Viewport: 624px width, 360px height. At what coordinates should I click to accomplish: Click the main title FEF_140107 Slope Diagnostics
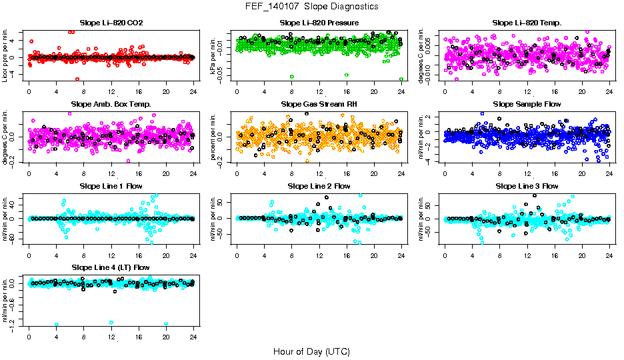[311, 6]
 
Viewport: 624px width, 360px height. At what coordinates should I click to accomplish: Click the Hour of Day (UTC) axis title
[311, 351]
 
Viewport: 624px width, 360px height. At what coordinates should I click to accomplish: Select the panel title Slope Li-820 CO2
[111, 23]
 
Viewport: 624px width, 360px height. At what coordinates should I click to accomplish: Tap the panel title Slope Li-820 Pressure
[319, 23]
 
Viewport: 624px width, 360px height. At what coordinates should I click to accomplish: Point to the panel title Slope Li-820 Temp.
[527, 23]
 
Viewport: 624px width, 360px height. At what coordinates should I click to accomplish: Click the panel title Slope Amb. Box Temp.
[111, 105]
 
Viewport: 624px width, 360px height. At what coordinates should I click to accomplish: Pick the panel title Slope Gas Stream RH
[319, 105]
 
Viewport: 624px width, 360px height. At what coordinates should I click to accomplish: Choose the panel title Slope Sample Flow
[527, 105]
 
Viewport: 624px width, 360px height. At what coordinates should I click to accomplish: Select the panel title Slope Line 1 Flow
[111, 186]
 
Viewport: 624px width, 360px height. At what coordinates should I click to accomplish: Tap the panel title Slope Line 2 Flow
[319, 186]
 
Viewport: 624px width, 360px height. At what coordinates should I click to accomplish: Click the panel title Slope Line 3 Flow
[527, 186]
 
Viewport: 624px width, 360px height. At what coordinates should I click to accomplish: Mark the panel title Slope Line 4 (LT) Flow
[111, 267]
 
